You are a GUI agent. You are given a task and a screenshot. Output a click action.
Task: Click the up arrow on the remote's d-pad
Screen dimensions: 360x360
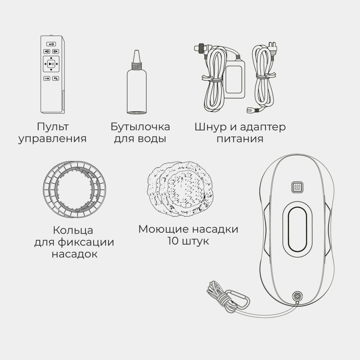point(51,58)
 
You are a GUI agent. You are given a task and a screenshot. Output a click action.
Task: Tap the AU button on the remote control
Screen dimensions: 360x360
point(47,78)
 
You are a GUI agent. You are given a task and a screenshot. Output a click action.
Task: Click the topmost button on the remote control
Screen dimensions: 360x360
point(51,43)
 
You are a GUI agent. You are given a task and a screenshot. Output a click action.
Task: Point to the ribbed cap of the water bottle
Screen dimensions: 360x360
point(136,66)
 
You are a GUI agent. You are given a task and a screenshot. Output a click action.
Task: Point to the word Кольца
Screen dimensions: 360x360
point(73,230)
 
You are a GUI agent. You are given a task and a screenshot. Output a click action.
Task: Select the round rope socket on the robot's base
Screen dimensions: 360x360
point(297,296)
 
